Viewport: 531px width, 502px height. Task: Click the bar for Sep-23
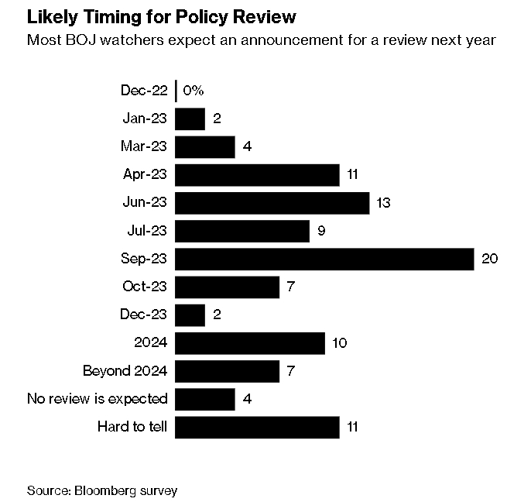click(324, 260)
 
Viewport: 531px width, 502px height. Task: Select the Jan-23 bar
click(190, 119)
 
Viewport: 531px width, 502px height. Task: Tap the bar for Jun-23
click(272, 203)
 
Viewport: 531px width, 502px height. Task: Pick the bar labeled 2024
click(250, 343)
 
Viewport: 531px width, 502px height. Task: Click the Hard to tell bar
click(257, 428)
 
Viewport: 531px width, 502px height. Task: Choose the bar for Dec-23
click(190, 315)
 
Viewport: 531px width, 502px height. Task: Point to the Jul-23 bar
click(242, 231)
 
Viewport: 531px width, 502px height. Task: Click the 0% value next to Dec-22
click(194, 91)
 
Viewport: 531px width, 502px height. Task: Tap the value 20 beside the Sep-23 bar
click(490, 259)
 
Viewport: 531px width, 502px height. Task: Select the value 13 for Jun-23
click(383, 203)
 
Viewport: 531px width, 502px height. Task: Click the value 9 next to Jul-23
click(321, 231)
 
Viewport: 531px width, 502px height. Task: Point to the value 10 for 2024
click(340, 343)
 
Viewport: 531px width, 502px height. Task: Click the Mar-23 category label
click(144, 146)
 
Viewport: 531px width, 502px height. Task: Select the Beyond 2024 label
click(125, 371)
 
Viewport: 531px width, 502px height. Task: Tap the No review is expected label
click(98, 399)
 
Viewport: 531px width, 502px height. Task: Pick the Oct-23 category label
click(145, 287)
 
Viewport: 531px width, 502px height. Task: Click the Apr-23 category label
click(145, 174)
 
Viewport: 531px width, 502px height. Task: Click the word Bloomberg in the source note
click(106, 490)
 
